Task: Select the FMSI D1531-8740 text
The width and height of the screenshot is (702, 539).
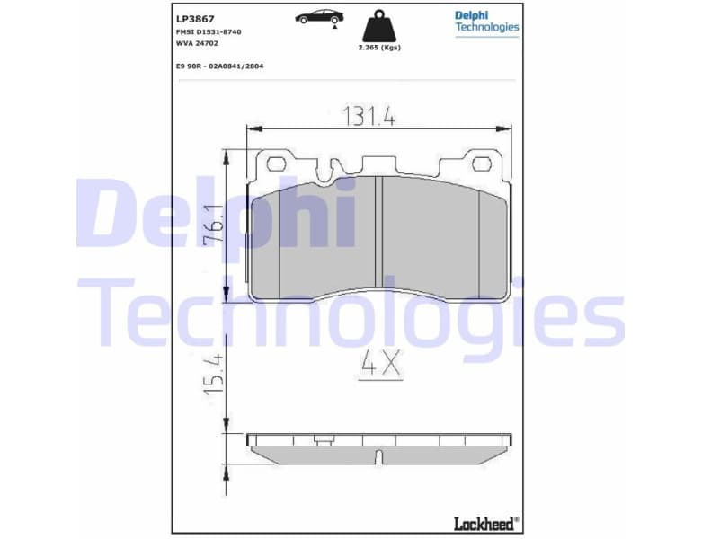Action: (x=209, y=31)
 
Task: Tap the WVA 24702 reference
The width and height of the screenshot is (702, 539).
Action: (x=197, y=43)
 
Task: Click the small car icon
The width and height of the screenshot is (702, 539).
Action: (x=319, y=16)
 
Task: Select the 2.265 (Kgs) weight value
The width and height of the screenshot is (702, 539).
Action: (x=378, y=47)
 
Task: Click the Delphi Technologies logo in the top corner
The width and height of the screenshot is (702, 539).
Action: (x=486, y=21)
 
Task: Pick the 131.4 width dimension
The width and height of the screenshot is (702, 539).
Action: (x=369, y=116)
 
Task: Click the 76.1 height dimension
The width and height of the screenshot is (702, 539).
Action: (x=214, y=225)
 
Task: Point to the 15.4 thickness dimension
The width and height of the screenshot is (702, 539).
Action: (x=214, y=373)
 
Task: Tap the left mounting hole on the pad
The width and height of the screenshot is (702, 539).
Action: (x=277, y=163)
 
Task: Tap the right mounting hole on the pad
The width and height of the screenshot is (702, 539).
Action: (x=483, y=163)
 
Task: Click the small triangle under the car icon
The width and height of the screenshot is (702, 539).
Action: (x=335, y=28)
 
